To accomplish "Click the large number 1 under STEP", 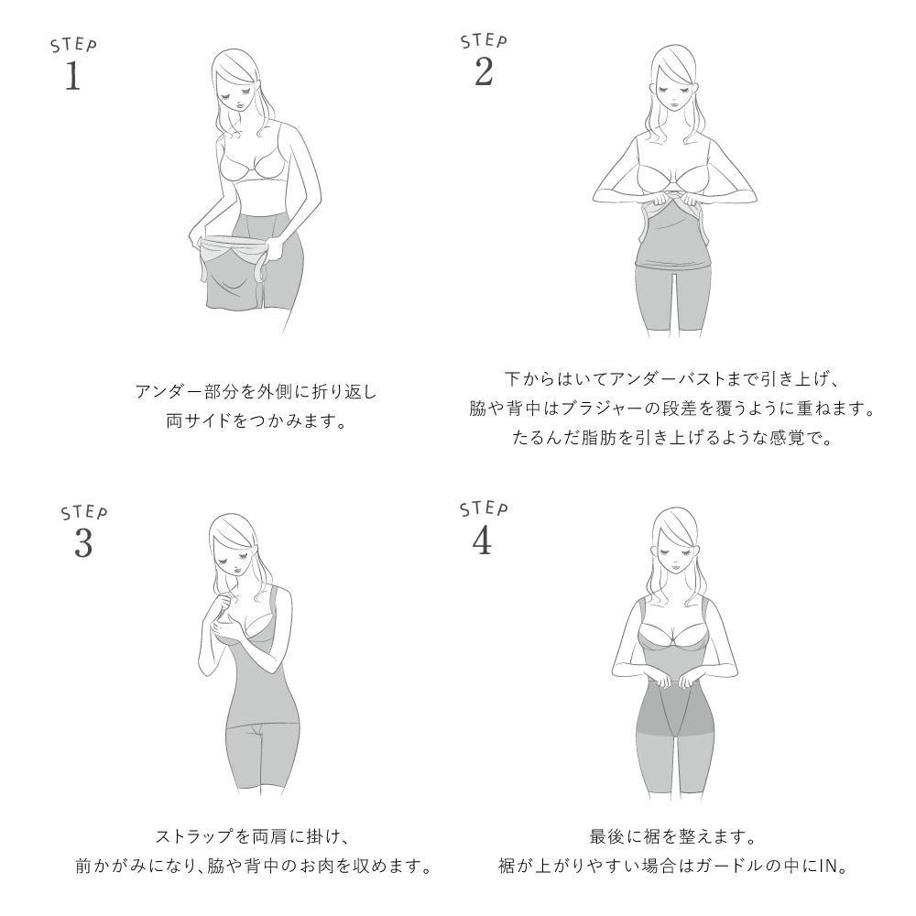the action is (72, 77).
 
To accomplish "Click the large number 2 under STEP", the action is (484, 72).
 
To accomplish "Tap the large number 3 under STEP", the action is (83, 544).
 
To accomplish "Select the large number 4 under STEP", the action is (482, 540).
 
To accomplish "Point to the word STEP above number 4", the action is (484, 508).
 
